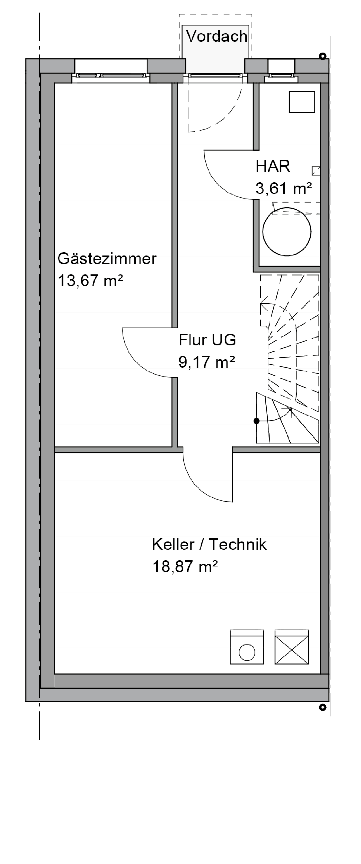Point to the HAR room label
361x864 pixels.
pos(273,166)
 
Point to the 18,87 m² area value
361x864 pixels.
pos(185,567)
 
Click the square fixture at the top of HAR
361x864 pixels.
pos(302,102)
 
